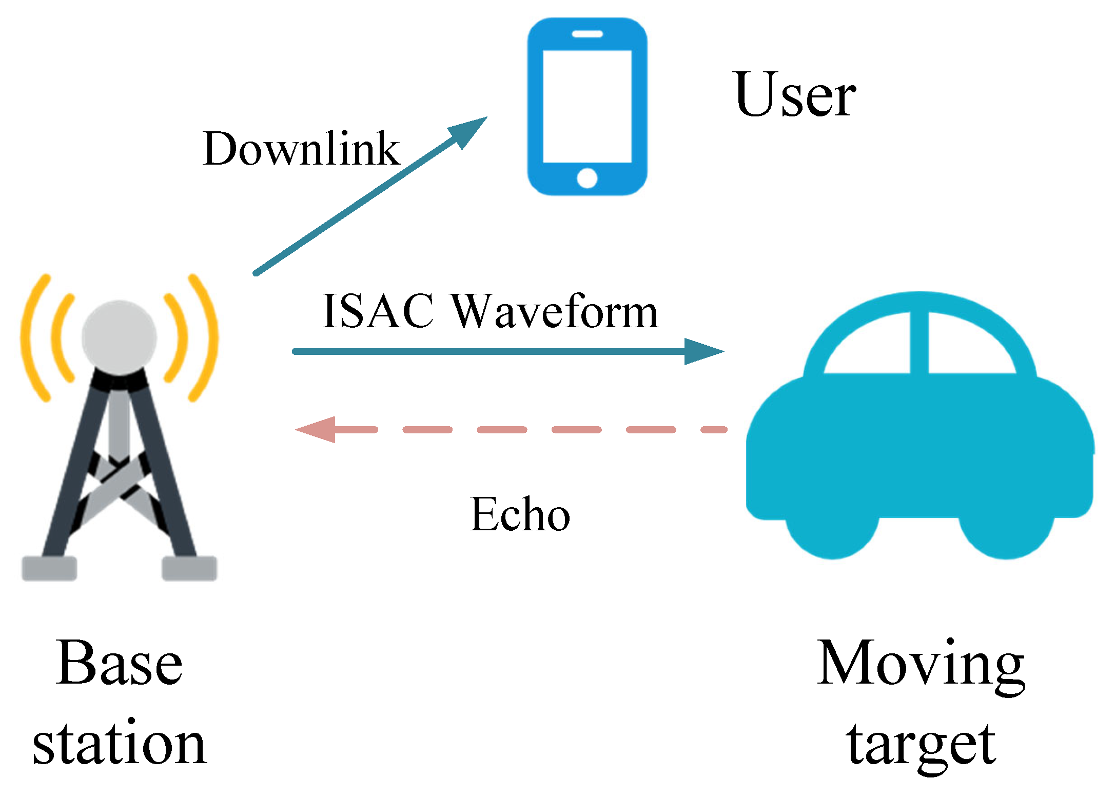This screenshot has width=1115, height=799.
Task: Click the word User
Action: click(x=795, y=95)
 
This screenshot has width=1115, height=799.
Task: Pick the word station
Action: click(x=119, y=744)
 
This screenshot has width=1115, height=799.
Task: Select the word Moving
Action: click(x=921, y=664)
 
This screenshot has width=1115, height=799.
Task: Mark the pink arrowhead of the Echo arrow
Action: click(x=317, y=429)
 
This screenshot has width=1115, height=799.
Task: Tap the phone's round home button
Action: click(x=587, y=178)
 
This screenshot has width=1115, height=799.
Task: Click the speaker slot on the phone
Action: click(x=587, y=34)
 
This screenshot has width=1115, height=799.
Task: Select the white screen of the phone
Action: click(x=587, y=106)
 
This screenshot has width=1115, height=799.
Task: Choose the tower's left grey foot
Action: click(x=49, y=568)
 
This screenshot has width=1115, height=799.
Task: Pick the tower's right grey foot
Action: click(x=189, y=568)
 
